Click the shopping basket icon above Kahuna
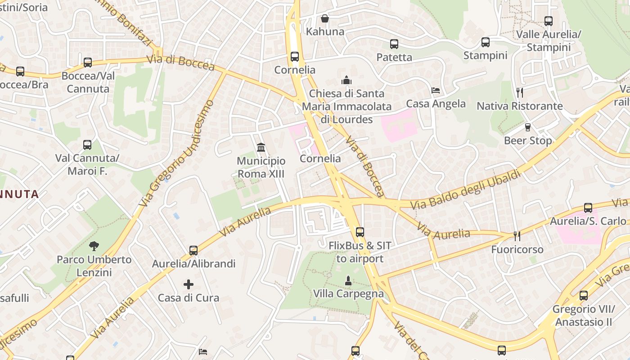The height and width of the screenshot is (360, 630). pos(325,18)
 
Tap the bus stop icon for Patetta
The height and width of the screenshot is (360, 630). pos(394,44)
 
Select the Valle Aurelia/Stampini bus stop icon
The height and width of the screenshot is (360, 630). pos(549,21)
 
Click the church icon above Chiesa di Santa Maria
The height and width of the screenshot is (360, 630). pos(346,81)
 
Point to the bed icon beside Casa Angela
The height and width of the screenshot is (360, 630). pos(436,90)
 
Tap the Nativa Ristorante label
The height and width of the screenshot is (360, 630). pos(520,106)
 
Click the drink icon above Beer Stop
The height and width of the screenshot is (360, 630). pos(528,127)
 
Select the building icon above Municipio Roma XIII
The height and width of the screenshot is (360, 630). pos(261,147)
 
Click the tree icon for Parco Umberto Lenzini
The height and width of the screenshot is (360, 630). pos(94,246)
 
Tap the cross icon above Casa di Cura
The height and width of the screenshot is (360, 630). pos(189,284)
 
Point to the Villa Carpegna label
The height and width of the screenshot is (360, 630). pos(348,294)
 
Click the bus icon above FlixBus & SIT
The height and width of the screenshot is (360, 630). pos(360,232)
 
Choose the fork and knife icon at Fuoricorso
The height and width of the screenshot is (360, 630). pos(517,236)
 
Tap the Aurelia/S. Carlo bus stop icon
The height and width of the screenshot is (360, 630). pos(588,208)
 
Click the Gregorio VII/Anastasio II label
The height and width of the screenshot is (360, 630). pos(584,315)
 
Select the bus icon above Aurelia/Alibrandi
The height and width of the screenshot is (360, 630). pos(193,250)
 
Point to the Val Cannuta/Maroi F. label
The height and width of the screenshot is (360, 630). pos(87,165)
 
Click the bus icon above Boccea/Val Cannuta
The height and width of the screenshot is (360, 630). pos(88,63)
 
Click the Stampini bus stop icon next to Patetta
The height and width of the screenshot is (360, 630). pos(486,42)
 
